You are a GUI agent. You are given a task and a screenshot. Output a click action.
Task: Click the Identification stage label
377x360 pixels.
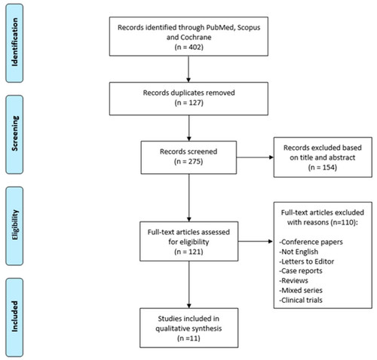tap(14, 43)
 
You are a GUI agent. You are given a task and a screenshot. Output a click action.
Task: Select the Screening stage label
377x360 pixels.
tap(14, 134)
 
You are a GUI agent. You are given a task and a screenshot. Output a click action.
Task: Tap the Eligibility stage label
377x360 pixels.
tap(14, 226)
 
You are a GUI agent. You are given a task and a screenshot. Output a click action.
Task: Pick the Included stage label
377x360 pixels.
tap(14, 317)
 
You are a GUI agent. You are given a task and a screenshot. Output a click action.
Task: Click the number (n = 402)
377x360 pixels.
tap(188, 47)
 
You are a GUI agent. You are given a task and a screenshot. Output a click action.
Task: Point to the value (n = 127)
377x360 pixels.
tap(188, 102)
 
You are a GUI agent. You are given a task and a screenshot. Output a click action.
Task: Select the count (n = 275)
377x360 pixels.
tap(188, 161)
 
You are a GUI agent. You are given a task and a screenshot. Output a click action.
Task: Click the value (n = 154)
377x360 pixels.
tap(323, 167)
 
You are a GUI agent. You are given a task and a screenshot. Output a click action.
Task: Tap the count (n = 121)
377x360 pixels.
tap(188, 252)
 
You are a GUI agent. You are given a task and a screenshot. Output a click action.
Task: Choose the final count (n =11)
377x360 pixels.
tap(188, 338)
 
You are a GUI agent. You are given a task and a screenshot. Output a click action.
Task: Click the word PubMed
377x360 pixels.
tap(222, 27)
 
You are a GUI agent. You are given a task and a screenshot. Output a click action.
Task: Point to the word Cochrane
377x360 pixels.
tap(196, 38)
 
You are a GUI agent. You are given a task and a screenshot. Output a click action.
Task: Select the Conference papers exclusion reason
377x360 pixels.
tap(311, 242)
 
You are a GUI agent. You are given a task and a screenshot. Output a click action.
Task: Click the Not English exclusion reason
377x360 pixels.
tap(299, 252)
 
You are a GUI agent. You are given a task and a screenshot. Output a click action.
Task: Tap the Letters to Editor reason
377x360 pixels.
tap(307, 261)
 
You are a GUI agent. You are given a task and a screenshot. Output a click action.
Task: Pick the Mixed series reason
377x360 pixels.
tap(301, 291)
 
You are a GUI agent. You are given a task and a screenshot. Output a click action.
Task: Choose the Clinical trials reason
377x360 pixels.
tap(301, 301)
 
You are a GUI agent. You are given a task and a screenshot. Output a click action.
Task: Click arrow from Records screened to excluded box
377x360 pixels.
tap(255, 157)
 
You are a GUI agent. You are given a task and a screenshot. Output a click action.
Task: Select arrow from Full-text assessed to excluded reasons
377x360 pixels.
tap(256, 242)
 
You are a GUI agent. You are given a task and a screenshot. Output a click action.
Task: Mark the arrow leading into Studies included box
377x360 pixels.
tap(189, 285)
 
